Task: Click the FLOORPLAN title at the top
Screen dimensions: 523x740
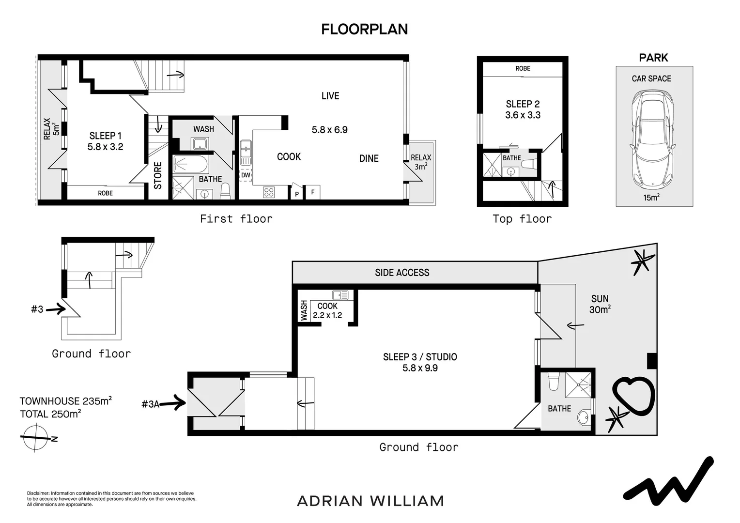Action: click(364, 30)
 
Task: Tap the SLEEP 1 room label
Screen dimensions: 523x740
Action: click(105, 136)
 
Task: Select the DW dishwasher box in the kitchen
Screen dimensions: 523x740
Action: click(246, 175)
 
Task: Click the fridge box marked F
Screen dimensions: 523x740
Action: click(313, 192)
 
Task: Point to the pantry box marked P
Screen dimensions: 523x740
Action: click(296, 194)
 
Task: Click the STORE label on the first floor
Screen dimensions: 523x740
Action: click(158, 175)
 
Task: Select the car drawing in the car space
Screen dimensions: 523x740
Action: click(651, 138)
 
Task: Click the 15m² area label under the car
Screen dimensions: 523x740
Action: click(651, 198)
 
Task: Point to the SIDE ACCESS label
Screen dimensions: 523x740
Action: click(402, 273)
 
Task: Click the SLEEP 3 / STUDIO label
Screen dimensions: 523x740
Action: click(420, 357)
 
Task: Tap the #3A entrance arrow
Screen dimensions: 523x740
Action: click(172, 403)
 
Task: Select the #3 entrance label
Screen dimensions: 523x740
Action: click(37, 309)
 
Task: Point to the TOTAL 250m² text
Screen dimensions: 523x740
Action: click(50, 414)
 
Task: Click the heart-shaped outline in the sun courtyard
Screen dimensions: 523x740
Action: click(632, 394)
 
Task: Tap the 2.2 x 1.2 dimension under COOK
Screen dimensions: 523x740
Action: click(327, 315)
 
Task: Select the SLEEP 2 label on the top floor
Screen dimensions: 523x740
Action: click(523, 104)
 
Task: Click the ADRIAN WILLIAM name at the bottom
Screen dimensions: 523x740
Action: click(370, 501)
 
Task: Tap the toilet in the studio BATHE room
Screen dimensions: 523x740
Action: click(553, 382)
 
